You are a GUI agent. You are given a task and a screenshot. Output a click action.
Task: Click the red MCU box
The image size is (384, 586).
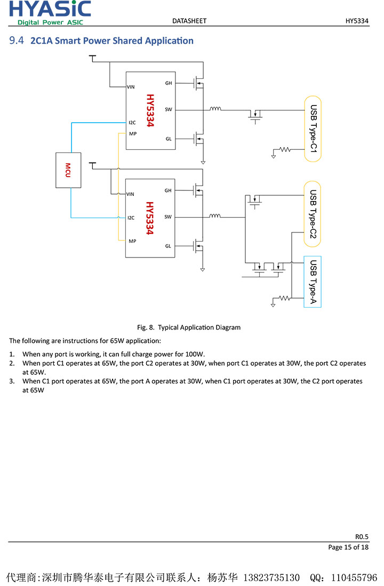coord(68,170)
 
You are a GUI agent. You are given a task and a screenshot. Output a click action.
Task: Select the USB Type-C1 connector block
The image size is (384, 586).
coord(313,128)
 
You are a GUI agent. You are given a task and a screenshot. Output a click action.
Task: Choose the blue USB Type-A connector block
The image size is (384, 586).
coord(313,282)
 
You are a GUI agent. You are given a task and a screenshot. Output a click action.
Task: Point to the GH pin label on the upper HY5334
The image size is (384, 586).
coord(169,83)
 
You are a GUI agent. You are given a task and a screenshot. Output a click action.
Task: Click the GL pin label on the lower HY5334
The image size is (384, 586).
coord(168,246)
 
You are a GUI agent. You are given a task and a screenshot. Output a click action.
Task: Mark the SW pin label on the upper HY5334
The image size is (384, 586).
coord(169,110)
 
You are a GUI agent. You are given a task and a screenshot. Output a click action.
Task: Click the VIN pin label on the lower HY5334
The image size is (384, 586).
coord(131,194)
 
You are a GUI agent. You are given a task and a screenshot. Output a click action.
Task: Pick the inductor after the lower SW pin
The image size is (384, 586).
coord(215,216)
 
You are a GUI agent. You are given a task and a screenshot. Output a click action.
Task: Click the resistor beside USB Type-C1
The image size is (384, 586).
coord(285,150)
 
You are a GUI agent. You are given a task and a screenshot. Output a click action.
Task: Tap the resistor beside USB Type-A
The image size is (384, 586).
coord(285,299)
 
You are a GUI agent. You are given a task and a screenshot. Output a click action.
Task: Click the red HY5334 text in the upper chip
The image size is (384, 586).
coord(150,110)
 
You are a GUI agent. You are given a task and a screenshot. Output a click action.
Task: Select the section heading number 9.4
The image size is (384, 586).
coord(17,41)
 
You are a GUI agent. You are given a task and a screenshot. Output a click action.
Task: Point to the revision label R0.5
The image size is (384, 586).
coord(362,536)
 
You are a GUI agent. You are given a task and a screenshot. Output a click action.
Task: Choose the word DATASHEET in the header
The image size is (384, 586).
coord(189,21)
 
